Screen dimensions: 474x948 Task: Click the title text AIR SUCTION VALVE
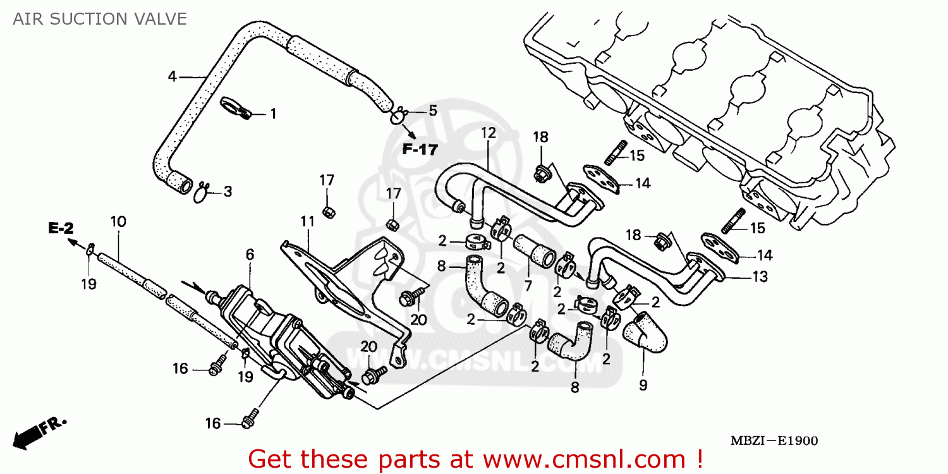coord(100,19)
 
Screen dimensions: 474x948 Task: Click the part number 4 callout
coord(172,76)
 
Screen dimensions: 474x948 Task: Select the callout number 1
coord(273,114)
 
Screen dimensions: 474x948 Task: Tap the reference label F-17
coord(420,150)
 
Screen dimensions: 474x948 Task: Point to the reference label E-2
coord(61,229)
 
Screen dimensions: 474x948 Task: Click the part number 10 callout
coord(118,222)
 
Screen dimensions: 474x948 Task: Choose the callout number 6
coord(250,255)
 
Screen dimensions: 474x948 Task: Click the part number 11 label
coord(307,222)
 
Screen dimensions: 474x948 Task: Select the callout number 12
coord(489,133)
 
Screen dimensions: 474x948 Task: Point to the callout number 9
coord(643,385)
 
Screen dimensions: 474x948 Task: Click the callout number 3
coord(227,191)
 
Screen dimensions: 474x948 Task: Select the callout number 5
coord(432,111)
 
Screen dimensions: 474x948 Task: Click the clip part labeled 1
coord(236,108)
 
